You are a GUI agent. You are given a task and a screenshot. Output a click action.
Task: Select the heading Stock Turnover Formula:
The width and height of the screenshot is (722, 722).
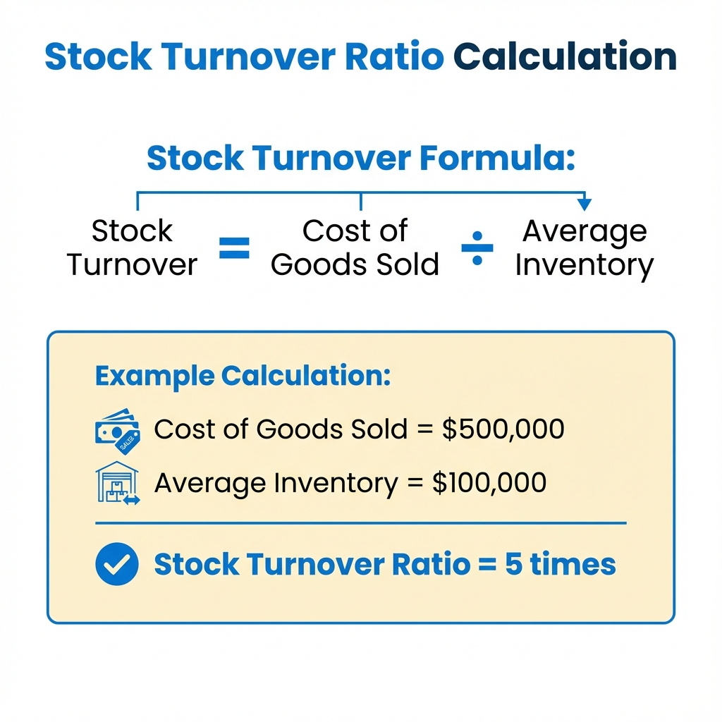coord(361,159)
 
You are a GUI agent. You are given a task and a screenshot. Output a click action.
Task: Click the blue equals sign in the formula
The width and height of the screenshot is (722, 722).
coord(234,249)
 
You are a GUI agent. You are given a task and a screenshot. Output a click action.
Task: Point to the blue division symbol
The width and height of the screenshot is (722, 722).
coord(477,249)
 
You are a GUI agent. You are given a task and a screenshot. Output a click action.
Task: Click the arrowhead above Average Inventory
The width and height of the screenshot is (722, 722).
coord(584,204)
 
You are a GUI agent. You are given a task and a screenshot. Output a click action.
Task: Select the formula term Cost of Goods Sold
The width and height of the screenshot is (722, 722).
coord(355,248)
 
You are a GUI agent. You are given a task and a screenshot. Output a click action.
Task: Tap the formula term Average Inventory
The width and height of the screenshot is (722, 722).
coord(585,248)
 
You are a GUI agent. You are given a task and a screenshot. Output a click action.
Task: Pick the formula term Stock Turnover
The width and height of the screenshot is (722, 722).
coord(132,248)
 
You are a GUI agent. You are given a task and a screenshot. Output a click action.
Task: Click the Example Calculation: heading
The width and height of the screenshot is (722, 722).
coord(243,376)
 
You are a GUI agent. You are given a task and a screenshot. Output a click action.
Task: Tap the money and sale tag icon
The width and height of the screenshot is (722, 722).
coord(117,430)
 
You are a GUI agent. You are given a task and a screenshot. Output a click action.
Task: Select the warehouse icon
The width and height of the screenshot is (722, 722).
coord(117,483)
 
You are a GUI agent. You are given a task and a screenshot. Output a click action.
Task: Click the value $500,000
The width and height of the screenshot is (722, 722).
coord(503,429)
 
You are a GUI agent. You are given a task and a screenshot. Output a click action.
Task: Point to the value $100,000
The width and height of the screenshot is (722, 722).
coord(489,483)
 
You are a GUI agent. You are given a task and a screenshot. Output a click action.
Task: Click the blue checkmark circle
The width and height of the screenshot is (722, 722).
coord(117,565)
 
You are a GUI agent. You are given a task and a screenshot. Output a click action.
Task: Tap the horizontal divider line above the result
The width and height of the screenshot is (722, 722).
coord(360,523)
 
